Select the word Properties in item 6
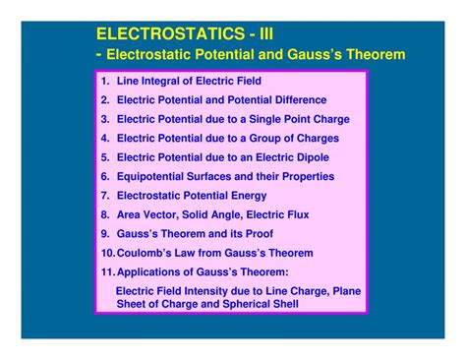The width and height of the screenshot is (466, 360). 306,177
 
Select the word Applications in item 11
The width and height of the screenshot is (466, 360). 150,272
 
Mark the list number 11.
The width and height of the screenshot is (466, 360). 107,272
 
